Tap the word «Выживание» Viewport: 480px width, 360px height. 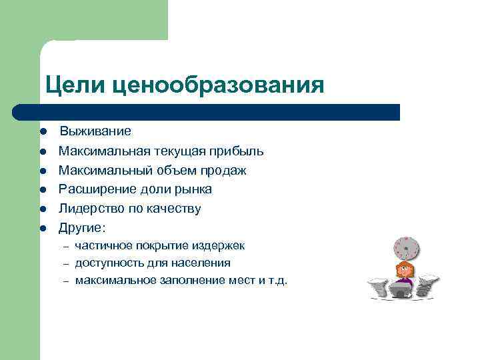[x=96, y=131]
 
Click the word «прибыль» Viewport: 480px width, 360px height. [x=230, y=151]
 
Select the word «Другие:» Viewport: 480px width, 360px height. [x=82, y=227]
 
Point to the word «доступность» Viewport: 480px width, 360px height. [x=107, y=263]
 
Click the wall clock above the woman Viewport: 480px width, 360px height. [x=405, y=249]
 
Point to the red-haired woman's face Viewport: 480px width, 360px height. [x=404, y=271]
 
